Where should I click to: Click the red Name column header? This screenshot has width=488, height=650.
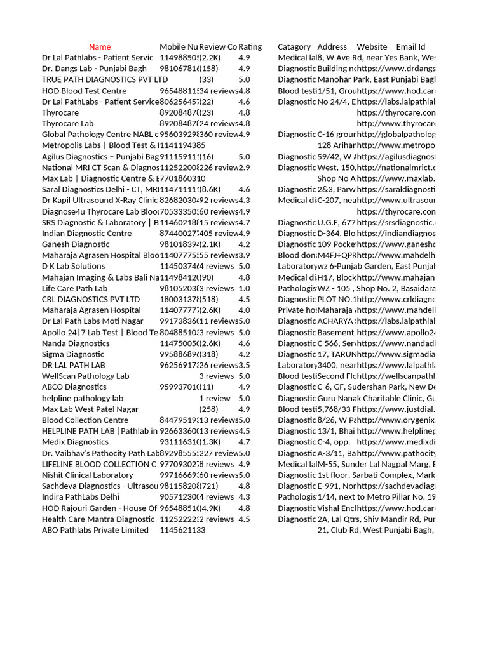coord(100,47)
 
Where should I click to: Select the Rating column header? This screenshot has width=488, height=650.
coord(250,47)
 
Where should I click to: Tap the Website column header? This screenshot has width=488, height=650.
coord(372,47)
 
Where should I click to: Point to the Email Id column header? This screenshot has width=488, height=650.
coord(410,47)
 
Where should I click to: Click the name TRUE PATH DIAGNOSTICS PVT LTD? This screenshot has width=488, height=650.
coord(105,80)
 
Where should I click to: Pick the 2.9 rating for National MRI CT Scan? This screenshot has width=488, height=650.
coord(245,168)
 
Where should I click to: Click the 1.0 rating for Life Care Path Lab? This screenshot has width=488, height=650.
coord(245,288)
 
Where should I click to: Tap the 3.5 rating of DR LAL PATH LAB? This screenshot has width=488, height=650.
coord(245,365)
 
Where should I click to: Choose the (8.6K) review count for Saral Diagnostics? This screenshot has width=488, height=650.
coord(210,190)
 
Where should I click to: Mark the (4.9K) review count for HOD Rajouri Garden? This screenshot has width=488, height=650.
coord(210,508)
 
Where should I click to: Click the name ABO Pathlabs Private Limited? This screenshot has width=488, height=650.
coord(95,530)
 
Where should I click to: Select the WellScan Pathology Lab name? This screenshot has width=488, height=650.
coord(85,376)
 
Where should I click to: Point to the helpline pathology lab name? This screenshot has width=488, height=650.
coord(83,398)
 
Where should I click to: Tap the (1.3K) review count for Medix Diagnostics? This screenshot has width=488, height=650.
coord(210,442)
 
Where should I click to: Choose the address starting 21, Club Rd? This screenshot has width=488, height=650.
coord(376,530)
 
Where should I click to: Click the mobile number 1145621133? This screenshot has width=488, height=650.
coord(182,530)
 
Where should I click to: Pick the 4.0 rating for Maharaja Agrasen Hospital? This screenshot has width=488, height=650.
coord(245,310)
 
